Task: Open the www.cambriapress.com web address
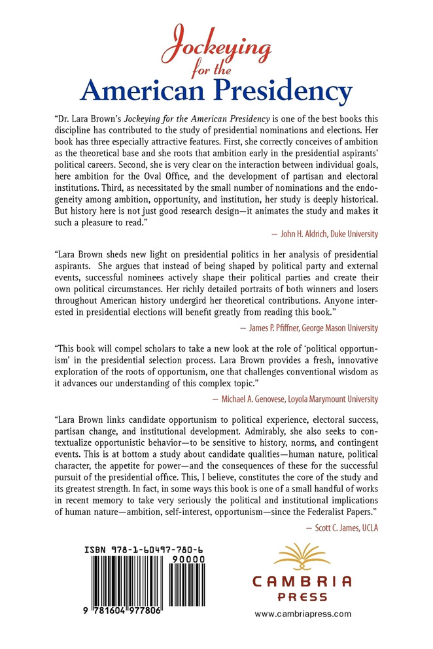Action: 303,614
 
